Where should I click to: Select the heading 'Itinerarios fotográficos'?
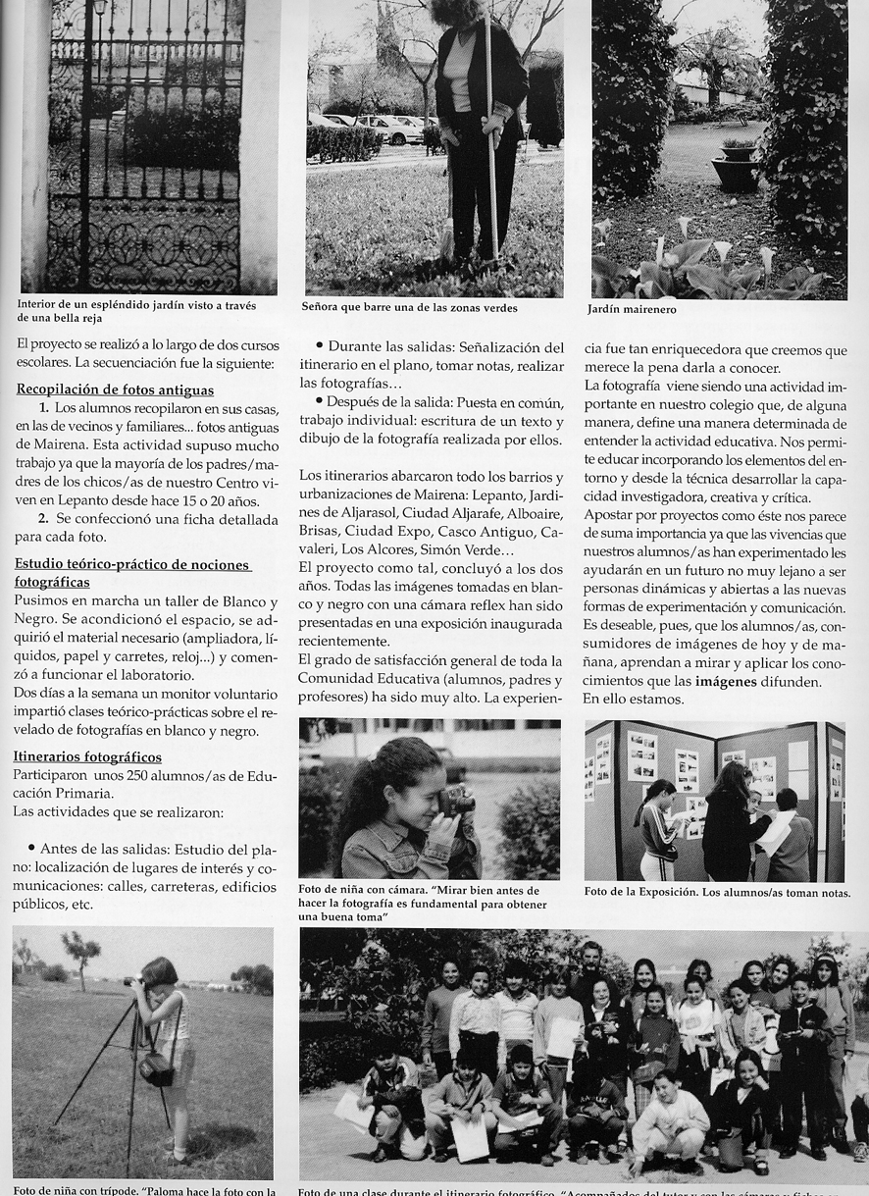point(87,756)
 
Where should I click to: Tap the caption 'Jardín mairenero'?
point(632,309)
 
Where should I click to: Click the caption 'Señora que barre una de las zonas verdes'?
point(410,307)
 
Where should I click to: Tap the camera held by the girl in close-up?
point(456,800)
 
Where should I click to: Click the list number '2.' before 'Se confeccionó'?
point(43,517)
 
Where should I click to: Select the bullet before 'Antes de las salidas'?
point(31,847)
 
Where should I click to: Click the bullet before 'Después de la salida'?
point(320,403)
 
